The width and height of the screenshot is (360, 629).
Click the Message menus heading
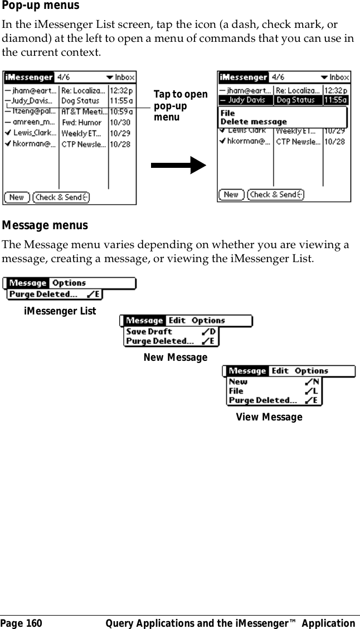(45, 226)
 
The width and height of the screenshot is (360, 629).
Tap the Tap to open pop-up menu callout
(180, 106)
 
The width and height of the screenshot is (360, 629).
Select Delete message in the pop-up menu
(254, 122)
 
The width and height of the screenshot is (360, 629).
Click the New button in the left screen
(17, 197)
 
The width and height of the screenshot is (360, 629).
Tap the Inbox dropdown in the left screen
(121, 78)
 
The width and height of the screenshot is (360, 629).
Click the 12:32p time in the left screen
(121, 90)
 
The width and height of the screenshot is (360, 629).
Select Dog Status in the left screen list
(80, 101)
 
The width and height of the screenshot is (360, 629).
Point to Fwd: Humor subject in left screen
(82, 123)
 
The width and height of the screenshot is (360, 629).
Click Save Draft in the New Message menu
(149, 331)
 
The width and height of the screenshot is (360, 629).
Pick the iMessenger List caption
(60, 311)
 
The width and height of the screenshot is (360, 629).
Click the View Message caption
(269, 417)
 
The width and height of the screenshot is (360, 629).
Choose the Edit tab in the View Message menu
(280, 371)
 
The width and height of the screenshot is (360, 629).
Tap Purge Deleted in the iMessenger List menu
(43, 294)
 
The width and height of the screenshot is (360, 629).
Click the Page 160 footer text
(21, 623)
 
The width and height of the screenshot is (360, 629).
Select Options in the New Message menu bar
(208, 321)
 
